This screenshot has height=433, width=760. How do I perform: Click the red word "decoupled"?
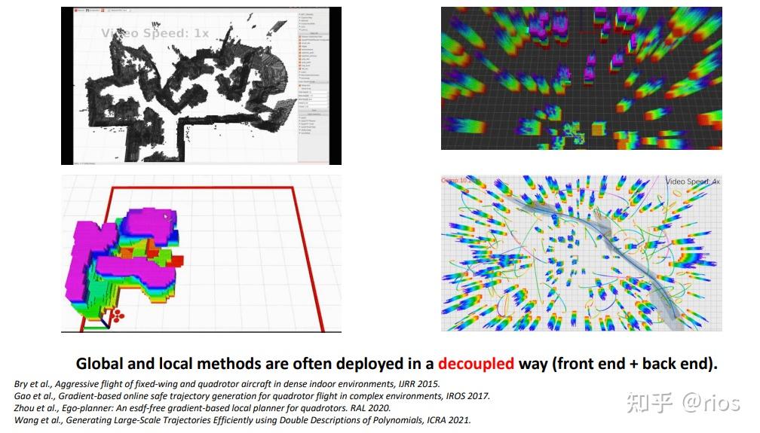[x=476, y=364]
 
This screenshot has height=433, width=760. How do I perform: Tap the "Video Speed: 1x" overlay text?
[x=155, y=33]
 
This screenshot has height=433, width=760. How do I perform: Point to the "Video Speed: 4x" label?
[x=692, y=181]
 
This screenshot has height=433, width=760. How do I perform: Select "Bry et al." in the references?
[x=35, y=384]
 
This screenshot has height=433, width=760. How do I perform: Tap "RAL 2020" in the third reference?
[x=366, y=408]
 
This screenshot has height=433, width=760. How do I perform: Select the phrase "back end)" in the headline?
[x=682, y=364]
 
